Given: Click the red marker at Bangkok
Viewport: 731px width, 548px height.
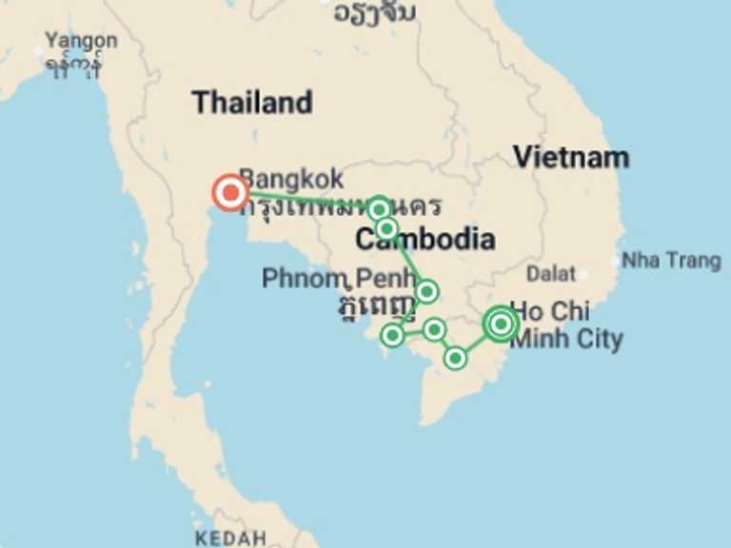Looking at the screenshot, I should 229,193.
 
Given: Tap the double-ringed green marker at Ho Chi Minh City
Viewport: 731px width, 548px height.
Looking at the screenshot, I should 501,324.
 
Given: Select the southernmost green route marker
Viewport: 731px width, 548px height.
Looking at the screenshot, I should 455,358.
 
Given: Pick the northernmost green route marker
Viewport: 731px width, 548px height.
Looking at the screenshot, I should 379,208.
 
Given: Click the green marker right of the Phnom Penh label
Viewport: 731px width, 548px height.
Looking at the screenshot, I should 426,291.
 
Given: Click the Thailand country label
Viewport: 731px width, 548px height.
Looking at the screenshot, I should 251,103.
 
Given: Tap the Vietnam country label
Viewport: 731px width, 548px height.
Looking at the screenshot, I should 571,157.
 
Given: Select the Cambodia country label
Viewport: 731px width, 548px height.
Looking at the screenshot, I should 425,240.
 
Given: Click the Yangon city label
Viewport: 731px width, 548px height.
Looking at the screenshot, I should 81,41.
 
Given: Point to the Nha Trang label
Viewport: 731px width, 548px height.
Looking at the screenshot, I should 671,260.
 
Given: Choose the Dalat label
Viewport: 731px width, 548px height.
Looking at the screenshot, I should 551,274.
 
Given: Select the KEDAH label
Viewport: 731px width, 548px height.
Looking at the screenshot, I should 230,538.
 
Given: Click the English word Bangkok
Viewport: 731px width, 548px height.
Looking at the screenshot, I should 291,179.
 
